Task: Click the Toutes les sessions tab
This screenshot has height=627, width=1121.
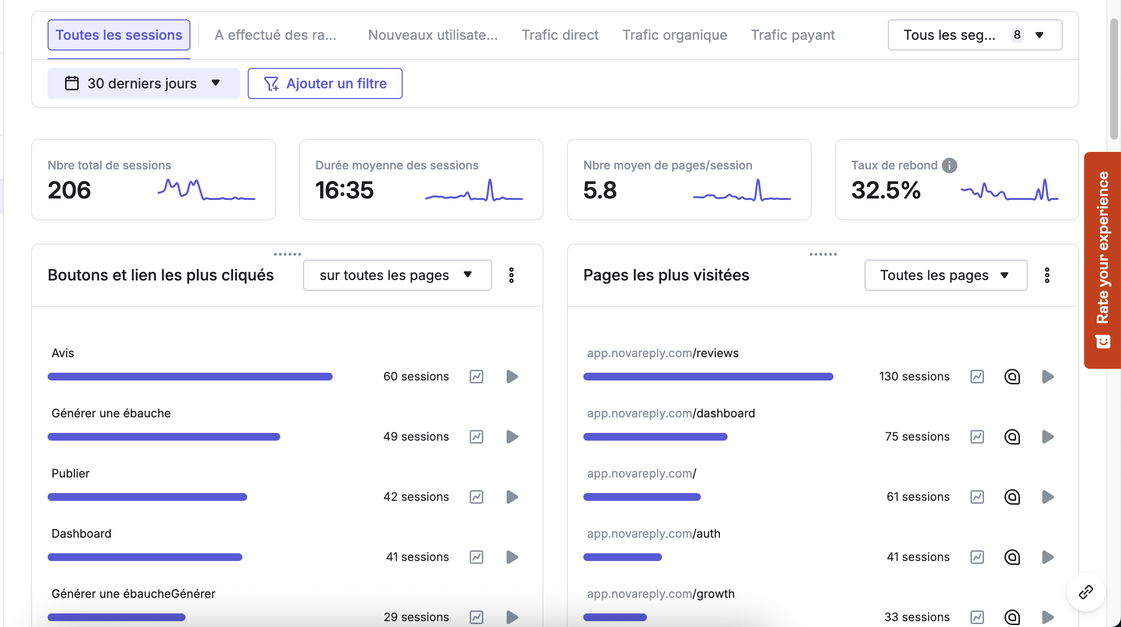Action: [x=119, y=35]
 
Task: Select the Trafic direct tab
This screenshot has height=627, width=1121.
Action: [x=560, y=35]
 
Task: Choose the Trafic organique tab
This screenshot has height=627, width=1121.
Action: [x=675, y=35]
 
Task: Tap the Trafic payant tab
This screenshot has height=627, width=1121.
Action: [x=793, y=35]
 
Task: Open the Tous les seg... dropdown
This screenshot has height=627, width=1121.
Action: [x=974, y=35]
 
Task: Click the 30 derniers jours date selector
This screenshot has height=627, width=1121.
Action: [x=143, y=83]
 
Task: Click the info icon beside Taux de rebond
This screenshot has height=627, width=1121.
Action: [x=950, y=165]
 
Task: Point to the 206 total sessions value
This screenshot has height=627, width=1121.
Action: [x=69, y=190]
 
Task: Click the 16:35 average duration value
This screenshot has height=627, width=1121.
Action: [x=344, y=190]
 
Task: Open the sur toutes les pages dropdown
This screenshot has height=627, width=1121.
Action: [x=397, y=275]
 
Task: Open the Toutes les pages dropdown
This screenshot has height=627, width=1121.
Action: [x=945, y=275]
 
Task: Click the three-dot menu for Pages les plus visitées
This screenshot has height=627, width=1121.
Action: [x=1047, y=275]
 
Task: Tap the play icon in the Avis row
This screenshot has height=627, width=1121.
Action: [x=512, y=377]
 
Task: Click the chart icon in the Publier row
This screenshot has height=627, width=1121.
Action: [x=476, y=497]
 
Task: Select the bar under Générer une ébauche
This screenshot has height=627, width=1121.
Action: [x=164, y=437]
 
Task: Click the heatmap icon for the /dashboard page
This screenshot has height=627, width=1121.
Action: [x=1012, y=437]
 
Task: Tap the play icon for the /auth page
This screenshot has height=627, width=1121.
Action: [x=1048, y=557]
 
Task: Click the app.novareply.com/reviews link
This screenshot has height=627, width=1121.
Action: [x=662, y=353]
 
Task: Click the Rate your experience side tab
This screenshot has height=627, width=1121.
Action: [x=1103, y=260]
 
